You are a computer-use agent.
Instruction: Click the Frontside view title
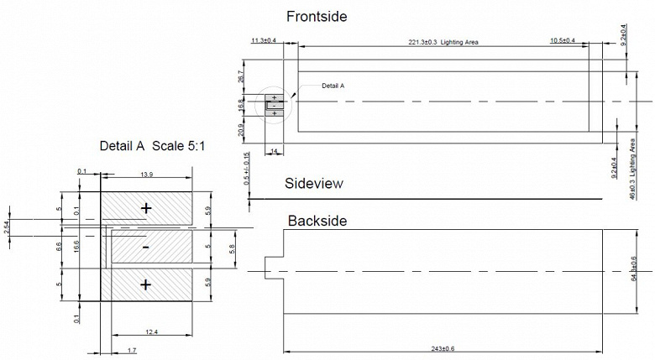coord(317,16)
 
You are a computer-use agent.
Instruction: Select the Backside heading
coord(317,221)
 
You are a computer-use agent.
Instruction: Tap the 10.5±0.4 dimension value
coord(563,40)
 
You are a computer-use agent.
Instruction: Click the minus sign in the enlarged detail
coord(146,248)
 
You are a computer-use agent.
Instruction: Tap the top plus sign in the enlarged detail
coord(146,207)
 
